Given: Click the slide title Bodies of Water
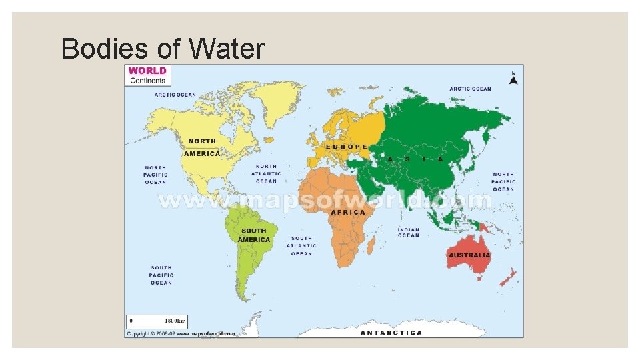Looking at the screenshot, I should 163,49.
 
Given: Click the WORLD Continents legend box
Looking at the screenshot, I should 147,75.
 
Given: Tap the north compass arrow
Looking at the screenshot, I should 513,79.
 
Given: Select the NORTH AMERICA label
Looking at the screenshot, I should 202,147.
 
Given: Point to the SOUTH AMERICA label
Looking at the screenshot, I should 254,235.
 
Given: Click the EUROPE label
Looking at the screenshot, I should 346,147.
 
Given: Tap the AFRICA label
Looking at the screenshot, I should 348,212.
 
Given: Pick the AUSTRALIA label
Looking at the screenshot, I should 469,255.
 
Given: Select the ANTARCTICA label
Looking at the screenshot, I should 391,332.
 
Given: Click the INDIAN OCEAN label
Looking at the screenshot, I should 409,232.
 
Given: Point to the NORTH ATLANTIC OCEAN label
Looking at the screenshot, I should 266,173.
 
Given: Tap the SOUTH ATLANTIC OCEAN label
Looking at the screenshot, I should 301,245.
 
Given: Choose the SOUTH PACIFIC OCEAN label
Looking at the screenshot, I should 161,275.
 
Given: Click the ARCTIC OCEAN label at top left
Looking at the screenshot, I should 175,95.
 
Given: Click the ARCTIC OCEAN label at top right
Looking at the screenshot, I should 470,89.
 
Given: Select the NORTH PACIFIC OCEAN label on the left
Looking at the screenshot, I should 155,175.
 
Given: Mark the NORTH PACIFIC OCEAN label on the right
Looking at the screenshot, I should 503,181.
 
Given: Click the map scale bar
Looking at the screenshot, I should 158,320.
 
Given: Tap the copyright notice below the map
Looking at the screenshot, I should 181,333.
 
